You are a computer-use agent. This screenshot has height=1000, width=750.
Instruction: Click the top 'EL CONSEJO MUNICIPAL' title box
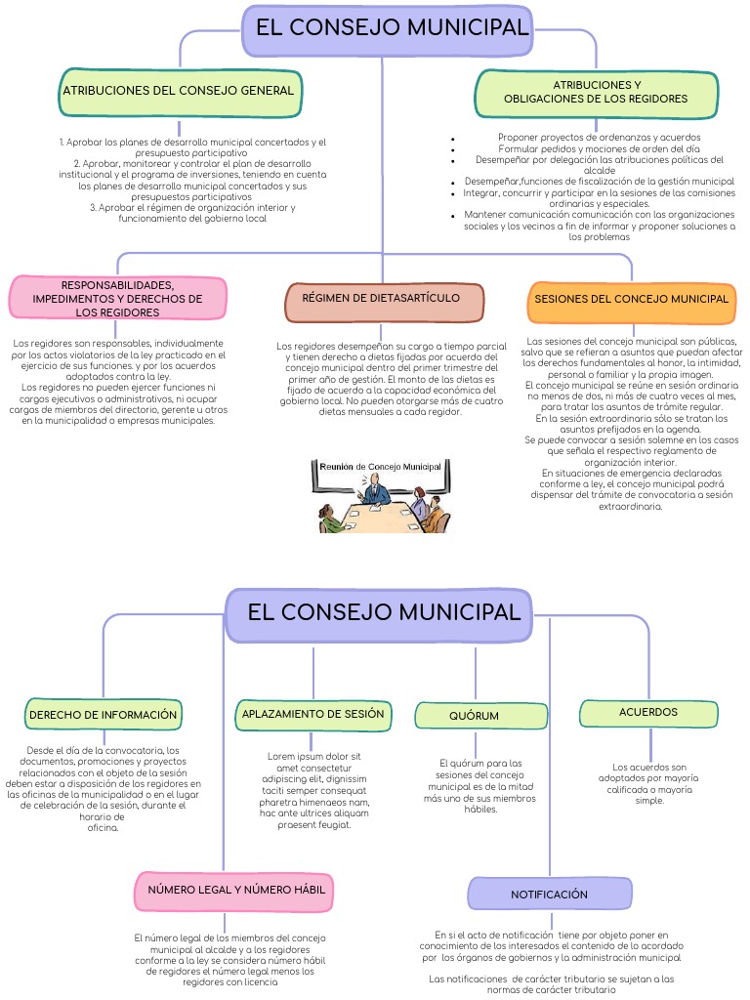(x=391, y=29)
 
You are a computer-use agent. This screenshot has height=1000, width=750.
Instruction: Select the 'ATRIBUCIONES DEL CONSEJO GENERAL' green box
(x=179, y=91)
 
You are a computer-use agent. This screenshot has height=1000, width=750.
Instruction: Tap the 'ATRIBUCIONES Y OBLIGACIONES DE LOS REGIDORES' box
(x=596, y=92)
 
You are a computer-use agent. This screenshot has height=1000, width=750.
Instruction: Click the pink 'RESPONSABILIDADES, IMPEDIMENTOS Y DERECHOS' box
(x=117, y=298)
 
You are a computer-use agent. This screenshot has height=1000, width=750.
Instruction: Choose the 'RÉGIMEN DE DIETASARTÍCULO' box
(x=386, y=302)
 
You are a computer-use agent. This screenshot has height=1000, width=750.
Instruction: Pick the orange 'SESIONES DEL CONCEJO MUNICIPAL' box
(x=632, y=301)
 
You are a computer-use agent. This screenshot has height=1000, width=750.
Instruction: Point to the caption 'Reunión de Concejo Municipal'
(x=381, y=467)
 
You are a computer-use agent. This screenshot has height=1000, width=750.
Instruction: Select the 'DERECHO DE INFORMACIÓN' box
(x=104, y=715)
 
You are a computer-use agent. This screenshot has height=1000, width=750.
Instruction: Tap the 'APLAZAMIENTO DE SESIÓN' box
(x=313, y=715)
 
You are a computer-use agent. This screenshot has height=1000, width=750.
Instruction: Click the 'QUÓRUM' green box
(x=475, y=716)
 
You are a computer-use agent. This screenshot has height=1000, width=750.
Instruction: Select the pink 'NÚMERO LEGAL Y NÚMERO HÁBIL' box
(x=236, y=891)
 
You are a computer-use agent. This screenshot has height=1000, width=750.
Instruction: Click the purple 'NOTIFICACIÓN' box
(x=549, y=895)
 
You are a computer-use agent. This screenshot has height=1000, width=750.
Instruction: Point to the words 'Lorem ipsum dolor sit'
(x=314, y=756)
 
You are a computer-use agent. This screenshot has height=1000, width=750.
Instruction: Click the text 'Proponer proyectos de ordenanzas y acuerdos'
(x=599, y=138)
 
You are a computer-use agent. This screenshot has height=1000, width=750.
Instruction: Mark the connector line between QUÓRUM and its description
(x=476, y=742)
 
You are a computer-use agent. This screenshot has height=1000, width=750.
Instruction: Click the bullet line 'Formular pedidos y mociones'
(x=599, y=148)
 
